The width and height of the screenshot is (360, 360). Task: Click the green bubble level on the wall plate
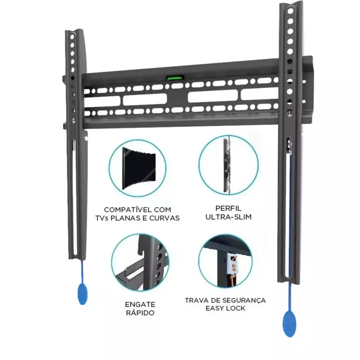[x=175, y=78]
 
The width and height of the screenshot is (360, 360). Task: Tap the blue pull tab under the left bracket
[x=83, y=294]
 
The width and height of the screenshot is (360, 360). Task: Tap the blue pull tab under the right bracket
[x=289, y=323]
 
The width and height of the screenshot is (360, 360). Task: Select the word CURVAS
[x=165, y=218]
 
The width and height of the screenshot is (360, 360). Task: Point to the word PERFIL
[x=229, y=208]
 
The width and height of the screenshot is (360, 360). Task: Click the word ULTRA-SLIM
[x=229, y=217]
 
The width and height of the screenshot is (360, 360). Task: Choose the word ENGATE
[x=140, y=304]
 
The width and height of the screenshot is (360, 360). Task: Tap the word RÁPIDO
[x=140, y=313]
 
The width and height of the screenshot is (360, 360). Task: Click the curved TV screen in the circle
[x=139, y=168]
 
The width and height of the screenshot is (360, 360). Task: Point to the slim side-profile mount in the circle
[x=227, y=165]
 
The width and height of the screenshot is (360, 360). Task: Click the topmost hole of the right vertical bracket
[x=290, y=11]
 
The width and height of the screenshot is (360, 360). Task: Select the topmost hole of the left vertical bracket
[x=72, y=37]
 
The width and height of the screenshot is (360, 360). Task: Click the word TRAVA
[x=195, y=300]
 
